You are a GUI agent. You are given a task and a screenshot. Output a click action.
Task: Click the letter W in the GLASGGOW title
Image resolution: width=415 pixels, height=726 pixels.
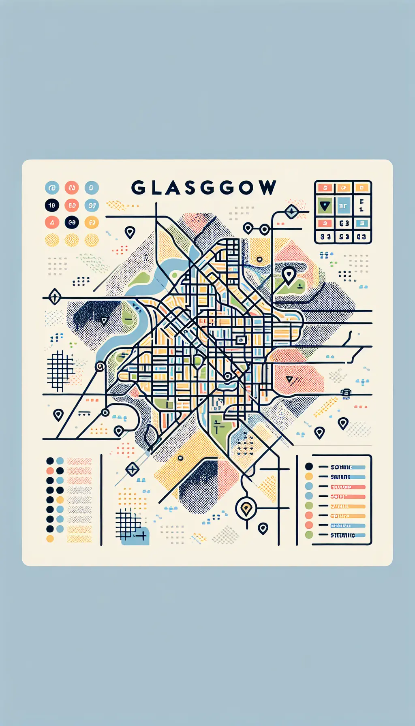(x=267, y=188)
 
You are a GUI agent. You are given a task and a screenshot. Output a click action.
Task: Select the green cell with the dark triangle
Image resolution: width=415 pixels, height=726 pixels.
(x=325, y=206)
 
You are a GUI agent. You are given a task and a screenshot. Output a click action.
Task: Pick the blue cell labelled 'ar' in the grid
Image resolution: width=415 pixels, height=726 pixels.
(x=343, y=206)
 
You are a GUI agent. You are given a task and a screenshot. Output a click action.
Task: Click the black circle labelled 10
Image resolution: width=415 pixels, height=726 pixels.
(x=52, y=205)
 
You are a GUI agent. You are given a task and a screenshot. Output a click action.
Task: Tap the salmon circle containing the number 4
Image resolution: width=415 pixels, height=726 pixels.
(x=52, y=222)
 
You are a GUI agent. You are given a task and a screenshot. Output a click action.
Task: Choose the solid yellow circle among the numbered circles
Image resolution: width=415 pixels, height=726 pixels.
(x=92, y=222)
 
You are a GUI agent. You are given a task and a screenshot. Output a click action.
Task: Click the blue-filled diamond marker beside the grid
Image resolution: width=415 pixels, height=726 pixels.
(x=292, y=211)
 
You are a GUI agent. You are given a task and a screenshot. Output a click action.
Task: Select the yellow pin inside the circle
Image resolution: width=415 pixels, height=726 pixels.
(x=246, y=508)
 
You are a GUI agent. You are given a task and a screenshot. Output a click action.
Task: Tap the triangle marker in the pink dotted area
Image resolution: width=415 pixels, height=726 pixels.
(x=289, y=380)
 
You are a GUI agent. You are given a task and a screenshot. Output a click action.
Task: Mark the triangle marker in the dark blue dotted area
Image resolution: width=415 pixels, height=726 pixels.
(x=104, y=321)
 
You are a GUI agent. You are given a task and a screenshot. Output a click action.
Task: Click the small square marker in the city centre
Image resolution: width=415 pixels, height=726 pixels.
(x=241, y=340)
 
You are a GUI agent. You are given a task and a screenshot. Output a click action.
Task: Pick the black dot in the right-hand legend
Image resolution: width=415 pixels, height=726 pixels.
(x=309, y=466)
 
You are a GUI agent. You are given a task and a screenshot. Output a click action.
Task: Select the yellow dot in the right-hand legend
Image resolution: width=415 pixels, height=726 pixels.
(x=309, y=476)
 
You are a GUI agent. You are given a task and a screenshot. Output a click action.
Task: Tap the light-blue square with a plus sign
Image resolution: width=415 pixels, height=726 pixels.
(x=137, y=536)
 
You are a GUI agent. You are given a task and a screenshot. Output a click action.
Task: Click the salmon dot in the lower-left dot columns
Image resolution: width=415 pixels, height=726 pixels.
(x=50, y=471)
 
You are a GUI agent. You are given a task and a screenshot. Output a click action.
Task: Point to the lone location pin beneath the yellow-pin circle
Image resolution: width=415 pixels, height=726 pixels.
(x=263, y=528)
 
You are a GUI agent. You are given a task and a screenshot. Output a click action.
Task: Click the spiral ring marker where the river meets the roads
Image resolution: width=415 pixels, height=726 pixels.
(x=100, y=367)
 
